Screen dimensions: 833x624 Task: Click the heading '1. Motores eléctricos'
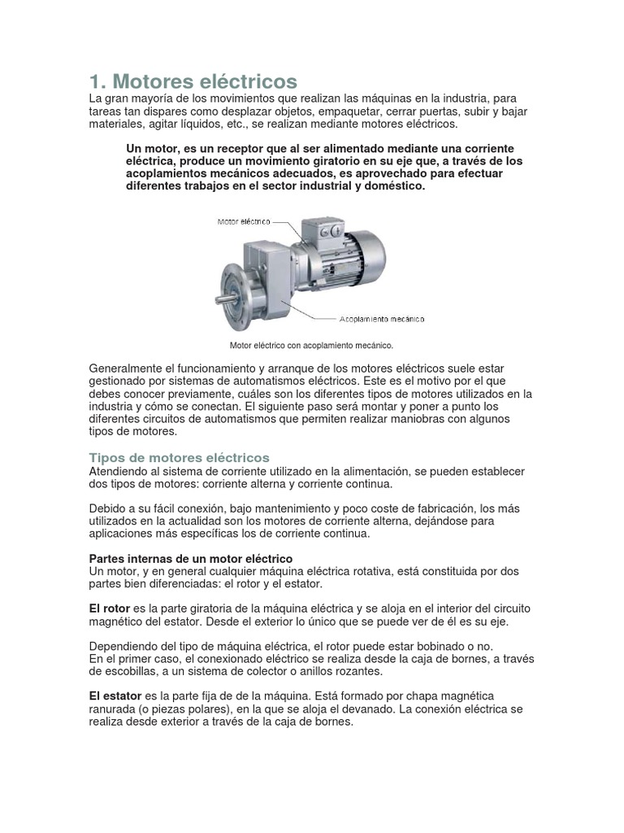click(193, 82)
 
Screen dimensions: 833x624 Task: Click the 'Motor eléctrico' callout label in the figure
click(242, 221)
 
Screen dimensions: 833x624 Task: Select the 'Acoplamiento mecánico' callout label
click(379, 318)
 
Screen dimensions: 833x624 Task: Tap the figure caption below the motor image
click(312, 345)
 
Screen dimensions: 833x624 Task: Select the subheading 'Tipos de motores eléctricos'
click(178, 457)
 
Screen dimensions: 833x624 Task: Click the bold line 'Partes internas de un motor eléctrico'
click(189, 559)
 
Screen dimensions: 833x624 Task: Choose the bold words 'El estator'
click(114, 696)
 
